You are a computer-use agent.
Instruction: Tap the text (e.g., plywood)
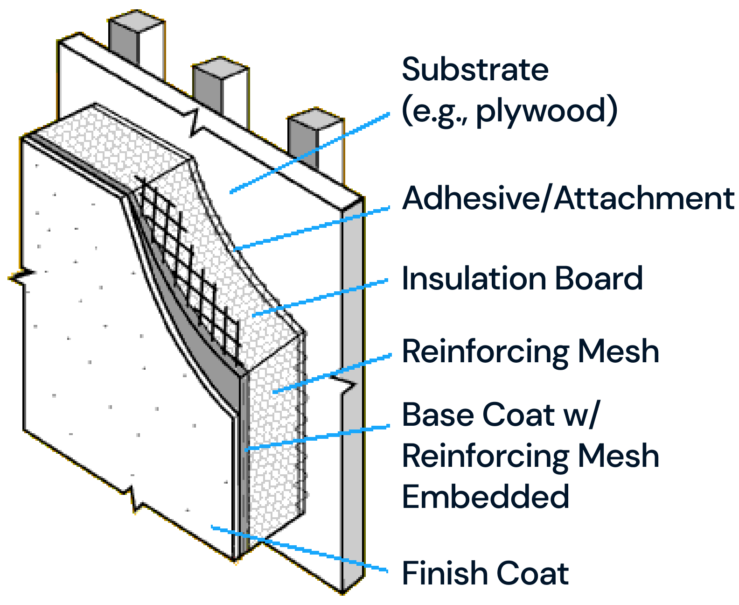coord(509,111)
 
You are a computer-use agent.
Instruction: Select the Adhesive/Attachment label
coord(568,198)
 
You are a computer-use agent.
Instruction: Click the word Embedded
coord(485,496)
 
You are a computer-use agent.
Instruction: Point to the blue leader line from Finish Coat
coord(299,549)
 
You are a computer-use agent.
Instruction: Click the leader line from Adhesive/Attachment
coord(313,228)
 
